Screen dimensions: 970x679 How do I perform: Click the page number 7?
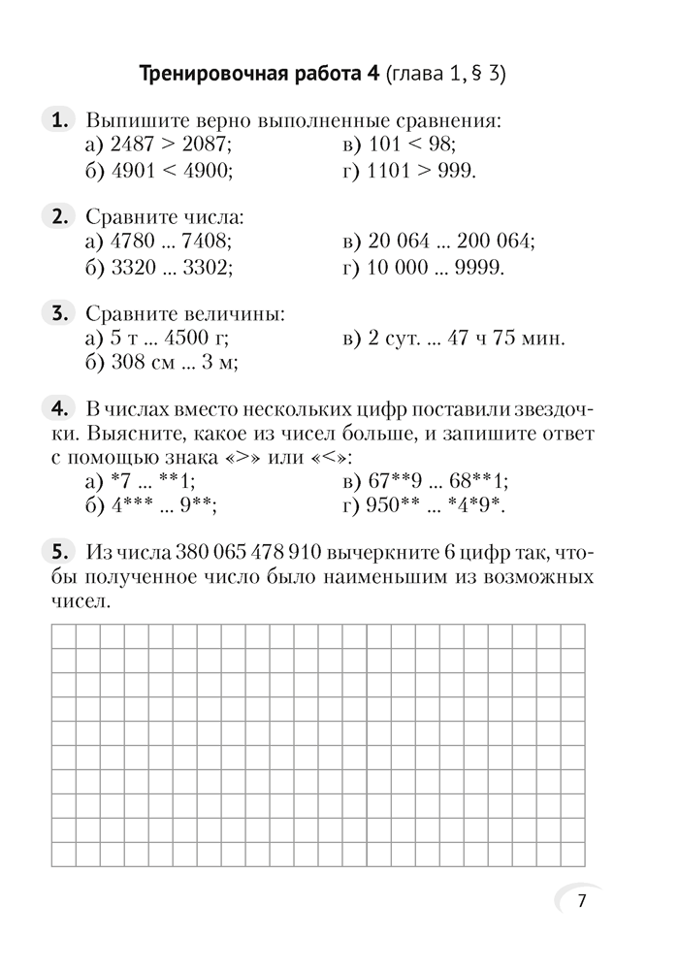tap(581, 901)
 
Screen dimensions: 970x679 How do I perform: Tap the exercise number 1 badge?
tap(60, 120)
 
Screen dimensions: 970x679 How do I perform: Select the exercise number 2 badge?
tap(60, 215)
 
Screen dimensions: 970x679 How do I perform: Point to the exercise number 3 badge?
tap(60, 312)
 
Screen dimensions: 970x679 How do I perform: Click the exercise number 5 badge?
tap(60, 552)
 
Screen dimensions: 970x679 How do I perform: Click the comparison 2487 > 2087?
tap(171, 145)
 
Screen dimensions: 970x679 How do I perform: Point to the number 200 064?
tap(494, 241)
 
